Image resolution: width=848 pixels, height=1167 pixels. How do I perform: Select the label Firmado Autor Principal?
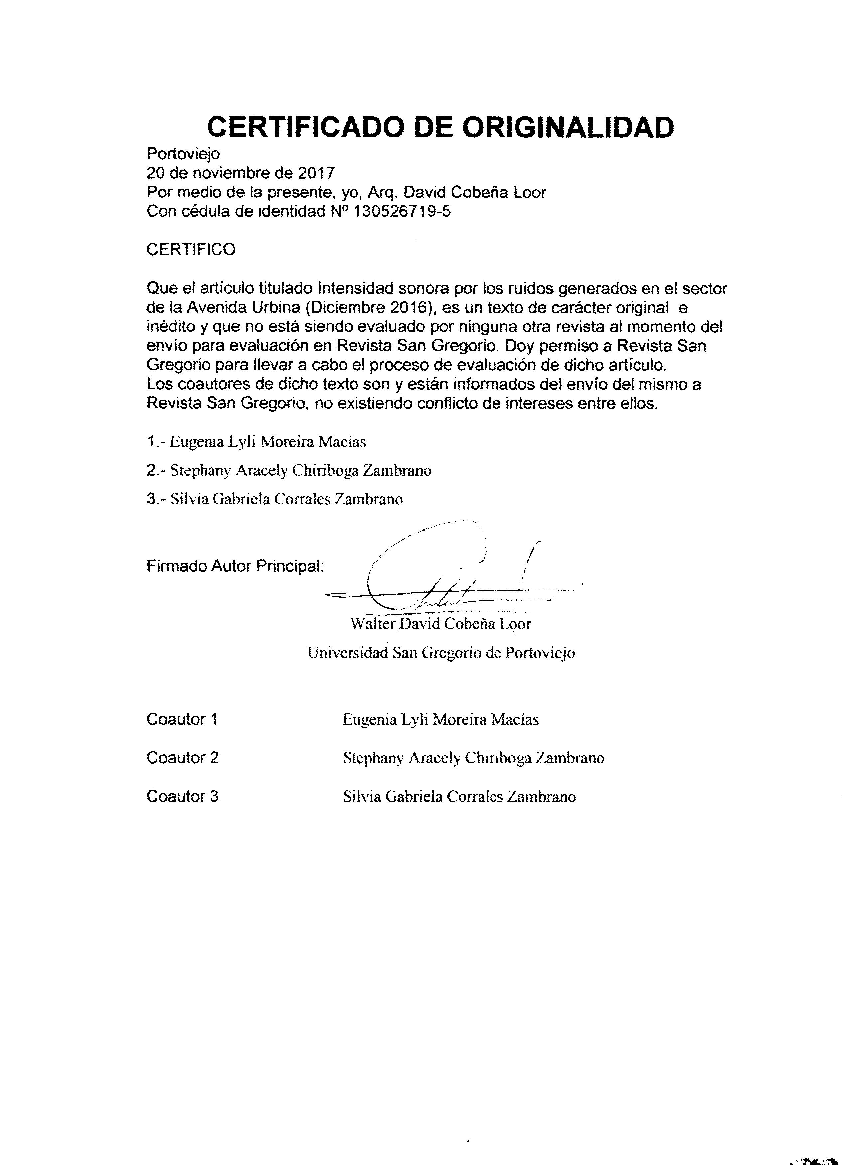[235, 566]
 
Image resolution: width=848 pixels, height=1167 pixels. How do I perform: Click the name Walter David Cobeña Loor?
[441, 624]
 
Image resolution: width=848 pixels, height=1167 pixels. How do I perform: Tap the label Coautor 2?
[183, 757]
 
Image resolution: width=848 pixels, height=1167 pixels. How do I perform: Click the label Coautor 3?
[183, 796]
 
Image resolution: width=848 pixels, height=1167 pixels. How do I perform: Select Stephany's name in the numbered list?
[301, 470]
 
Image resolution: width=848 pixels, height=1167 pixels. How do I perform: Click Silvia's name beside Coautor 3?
[459, 797]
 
